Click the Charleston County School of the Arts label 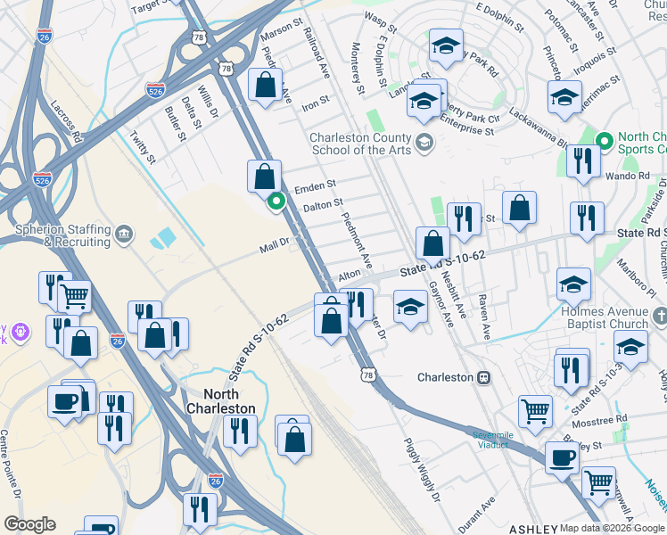coord(360,144)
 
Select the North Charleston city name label coord(217,401)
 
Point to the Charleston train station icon coord(483,377)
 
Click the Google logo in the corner coord(30,524)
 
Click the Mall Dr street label coord(274,243)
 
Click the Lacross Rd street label coord(67,122)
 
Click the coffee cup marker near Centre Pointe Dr coord(66,400)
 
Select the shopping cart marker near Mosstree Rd coord(535,412)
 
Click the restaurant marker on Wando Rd coord(582,160)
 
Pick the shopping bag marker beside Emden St coord(265,176)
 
